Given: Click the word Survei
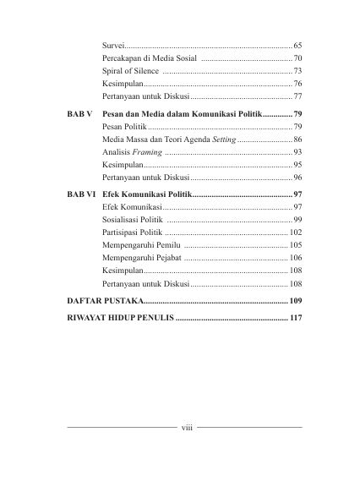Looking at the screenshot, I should tap(113, 43).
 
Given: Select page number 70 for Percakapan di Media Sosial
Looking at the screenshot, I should tap(298, 58).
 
